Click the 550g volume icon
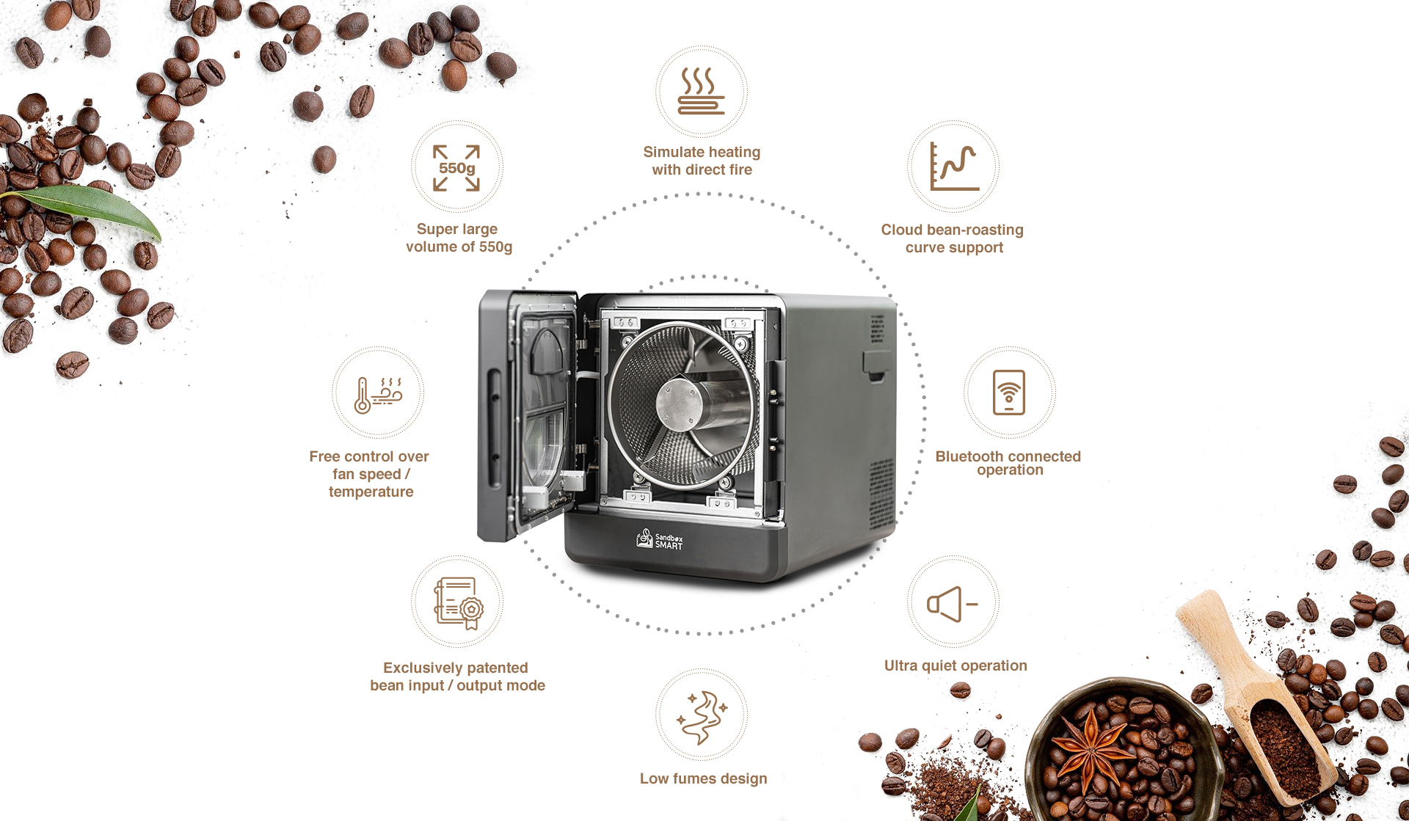tap(456, 168)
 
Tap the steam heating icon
tap(701, 92)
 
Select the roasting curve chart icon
tap(954, 167)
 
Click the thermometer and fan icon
tap(378, 395)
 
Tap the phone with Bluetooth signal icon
tap(1009, 393)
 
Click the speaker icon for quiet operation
tap(952, 604)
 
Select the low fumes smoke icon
tap(702, 717)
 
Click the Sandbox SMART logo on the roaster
tap(659, 539)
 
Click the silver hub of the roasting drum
tap(680, 404)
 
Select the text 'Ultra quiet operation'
tap(955, 665)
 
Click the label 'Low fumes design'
tap(703, 778)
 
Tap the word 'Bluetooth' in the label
tap(969, 456)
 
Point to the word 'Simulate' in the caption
tap(674, 152)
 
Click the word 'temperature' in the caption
tap(371, 492)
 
